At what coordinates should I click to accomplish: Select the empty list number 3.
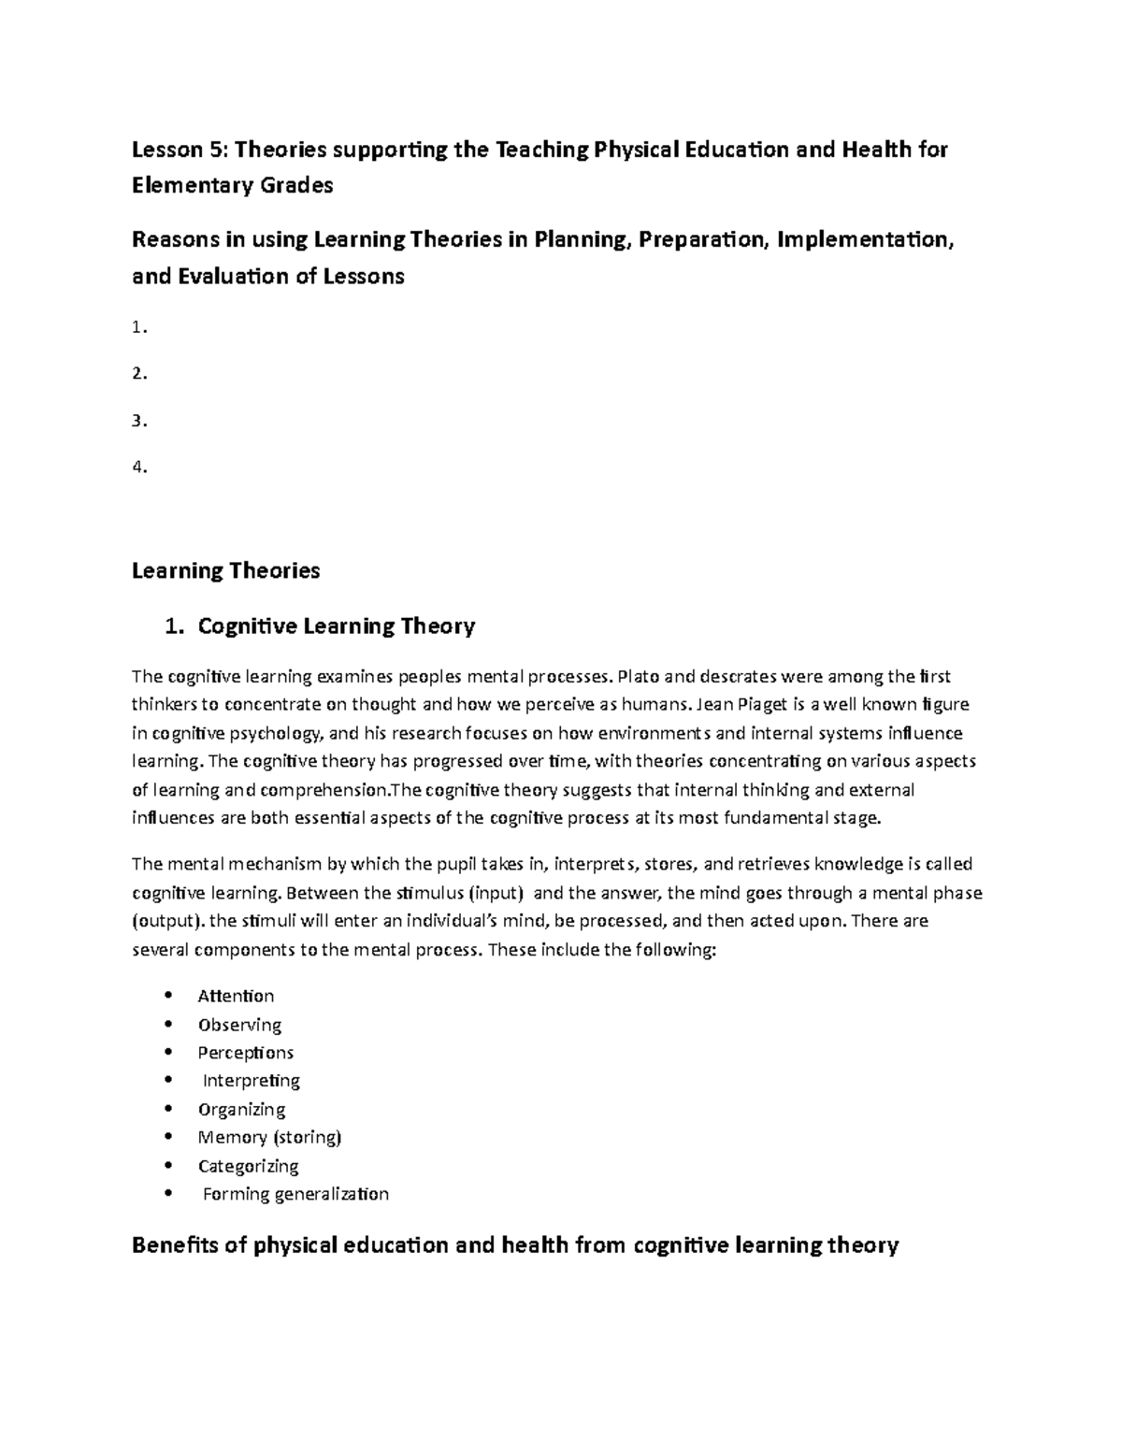(x=139, y=421)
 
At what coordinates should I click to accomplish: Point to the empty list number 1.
(x=139, y=327)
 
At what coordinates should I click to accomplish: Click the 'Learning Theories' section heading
(x=226, y=570)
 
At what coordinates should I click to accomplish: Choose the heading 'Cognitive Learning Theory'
(x=336, y=626)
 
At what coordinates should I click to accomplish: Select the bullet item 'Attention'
(x=236, y=996)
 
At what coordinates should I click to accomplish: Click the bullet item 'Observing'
(x=239, y=1025)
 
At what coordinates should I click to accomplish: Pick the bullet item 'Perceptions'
(x=245, y=1053)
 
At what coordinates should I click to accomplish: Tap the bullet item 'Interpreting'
(x=252, y=1081)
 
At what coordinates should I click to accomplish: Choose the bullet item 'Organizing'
(x=241, y=1110)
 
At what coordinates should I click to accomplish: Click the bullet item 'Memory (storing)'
(x=269, y=1138)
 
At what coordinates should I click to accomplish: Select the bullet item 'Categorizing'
(x=248, y=1166)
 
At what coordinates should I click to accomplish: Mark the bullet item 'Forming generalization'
(x=295, y=1194)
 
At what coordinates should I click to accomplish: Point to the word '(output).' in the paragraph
(x=167, y=921)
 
